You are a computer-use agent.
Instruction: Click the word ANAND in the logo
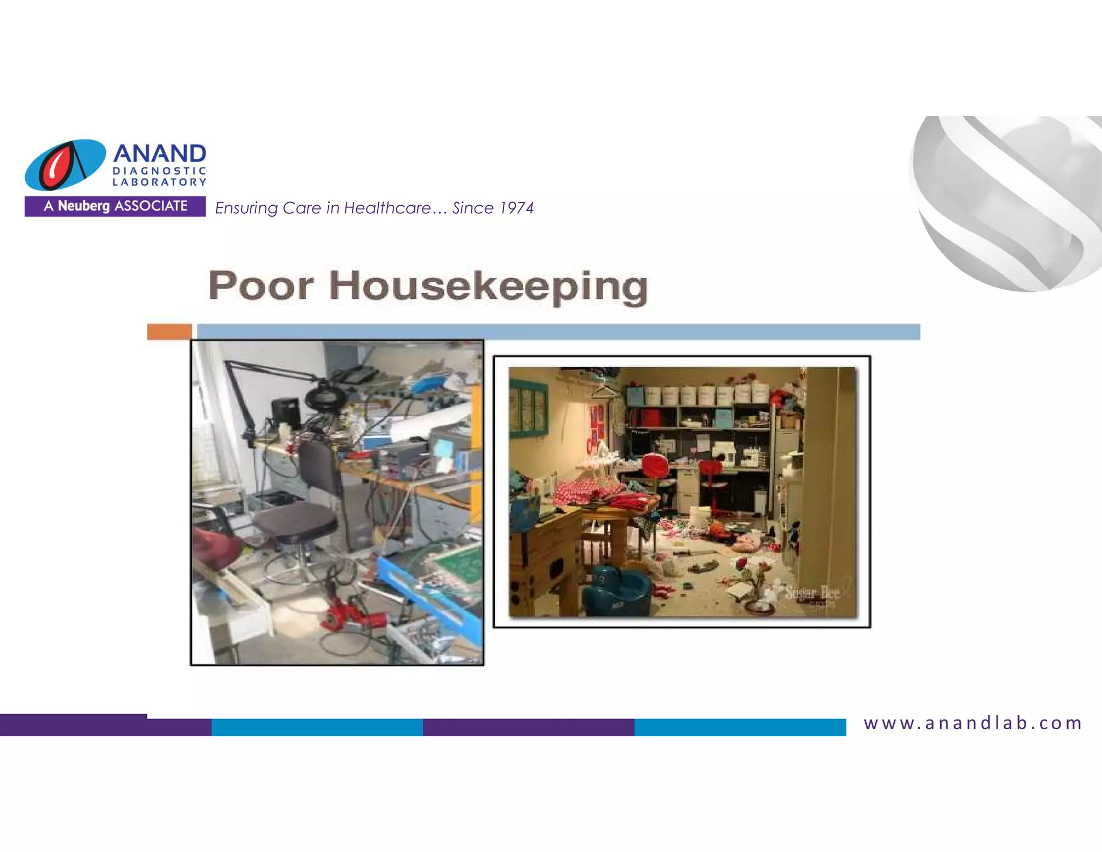pos(159,153)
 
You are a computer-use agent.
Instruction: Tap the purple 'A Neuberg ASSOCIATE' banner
pos(115,206)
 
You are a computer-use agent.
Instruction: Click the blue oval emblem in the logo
pos(65,165)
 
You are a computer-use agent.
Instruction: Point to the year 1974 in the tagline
pos(517,208)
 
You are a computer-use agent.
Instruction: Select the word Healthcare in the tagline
pos(387,208)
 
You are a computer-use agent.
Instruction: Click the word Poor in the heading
pos(261,285)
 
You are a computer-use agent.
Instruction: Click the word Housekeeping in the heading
pos(488,287)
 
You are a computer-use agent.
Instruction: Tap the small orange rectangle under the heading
pos(169,332)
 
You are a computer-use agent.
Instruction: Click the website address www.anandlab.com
pos(973,723)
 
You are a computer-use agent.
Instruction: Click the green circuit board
pos(459,563)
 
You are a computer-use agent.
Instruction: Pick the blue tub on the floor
pos(619,590)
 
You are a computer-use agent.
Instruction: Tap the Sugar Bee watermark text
pos(812,593)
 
